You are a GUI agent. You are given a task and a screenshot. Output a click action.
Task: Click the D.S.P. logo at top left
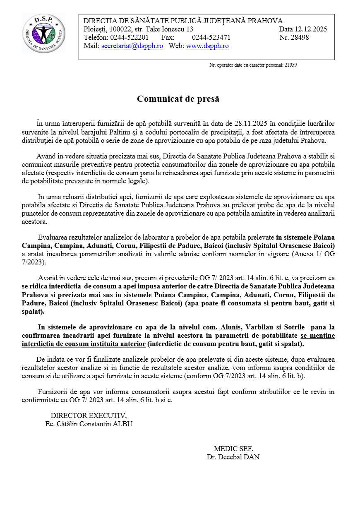[43, 33]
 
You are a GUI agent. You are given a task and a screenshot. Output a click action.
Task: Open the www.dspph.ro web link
[207, 46]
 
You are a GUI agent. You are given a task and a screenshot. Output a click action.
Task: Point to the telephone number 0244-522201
[129, 37]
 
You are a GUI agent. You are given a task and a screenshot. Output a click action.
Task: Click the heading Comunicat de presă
[178, 99]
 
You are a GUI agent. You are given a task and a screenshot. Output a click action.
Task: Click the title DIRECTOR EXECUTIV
[89, 415]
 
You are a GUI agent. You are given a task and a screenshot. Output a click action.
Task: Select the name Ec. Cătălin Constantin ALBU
[89, 424]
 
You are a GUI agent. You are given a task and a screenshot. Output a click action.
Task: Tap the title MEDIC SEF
[233, 449]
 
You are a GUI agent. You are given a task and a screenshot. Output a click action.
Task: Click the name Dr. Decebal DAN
[233, 457]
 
